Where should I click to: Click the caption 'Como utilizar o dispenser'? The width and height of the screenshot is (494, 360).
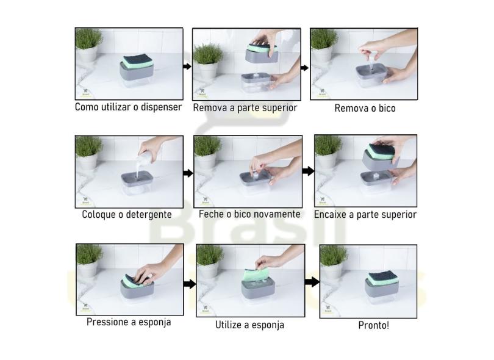128,107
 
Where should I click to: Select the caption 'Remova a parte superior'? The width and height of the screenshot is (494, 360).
245,107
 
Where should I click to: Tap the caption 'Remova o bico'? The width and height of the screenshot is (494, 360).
365,108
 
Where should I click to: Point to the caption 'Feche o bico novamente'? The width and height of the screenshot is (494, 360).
249,214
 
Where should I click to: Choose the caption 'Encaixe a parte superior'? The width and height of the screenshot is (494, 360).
365,215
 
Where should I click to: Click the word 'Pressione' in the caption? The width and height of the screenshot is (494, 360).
107,322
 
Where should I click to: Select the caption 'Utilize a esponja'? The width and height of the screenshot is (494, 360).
249,325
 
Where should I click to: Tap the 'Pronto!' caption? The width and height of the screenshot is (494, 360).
373,325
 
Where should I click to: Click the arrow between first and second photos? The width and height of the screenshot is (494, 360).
187,66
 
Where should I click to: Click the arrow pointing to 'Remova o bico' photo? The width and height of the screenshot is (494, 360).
305,68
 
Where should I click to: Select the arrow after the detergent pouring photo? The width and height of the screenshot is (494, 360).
188,173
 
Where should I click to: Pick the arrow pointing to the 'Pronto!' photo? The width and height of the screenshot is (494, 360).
312,282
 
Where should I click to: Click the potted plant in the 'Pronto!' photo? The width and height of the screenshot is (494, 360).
332,259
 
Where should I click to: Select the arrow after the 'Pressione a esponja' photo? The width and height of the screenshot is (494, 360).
190,284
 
